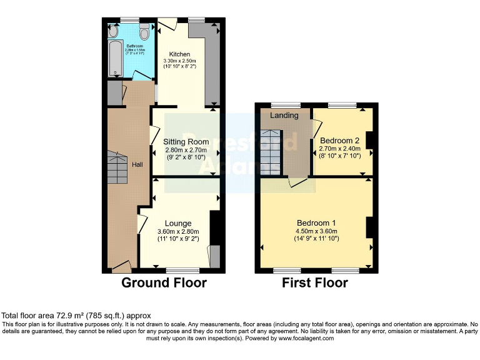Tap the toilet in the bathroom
point(145,31)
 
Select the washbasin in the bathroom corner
point(113,31)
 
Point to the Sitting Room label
point(187,142)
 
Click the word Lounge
point(177,223)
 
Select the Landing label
point(284,116)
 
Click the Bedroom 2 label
point(339,141)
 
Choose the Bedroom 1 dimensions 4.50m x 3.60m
point(316,231)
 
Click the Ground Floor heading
point(164,282)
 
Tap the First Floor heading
point(315,282)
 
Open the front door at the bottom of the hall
point(120,267)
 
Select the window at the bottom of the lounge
point(183,271)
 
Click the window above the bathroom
point(129,20)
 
